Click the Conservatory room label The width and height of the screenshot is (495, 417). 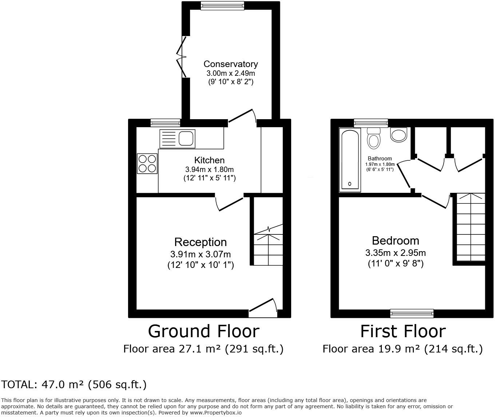(230, 64)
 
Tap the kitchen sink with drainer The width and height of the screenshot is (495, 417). (177, 139)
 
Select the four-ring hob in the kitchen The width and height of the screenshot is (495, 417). (147, 164)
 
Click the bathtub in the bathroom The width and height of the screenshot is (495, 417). (350, 160)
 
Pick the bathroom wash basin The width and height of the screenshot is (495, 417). (399, 135)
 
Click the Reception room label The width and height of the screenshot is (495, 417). (200, 242)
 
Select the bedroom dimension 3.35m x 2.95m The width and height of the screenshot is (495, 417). (395, 253)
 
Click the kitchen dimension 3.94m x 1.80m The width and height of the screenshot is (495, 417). (209, 169)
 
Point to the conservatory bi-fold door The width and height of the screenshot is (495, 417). (182, 57)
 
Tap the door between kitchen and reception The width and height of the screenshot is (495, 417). (229, 203)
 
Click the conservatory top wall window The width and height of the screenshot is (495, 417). (222, 5)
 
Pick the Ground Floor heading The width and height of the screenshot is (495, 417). (203, 331)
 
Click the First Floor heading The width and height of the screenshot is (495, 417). (403, 331)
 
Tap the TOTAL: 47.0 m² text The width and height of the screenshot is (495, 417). (74, 385)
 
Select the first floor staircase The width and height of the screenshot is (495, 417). (471, 227)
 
